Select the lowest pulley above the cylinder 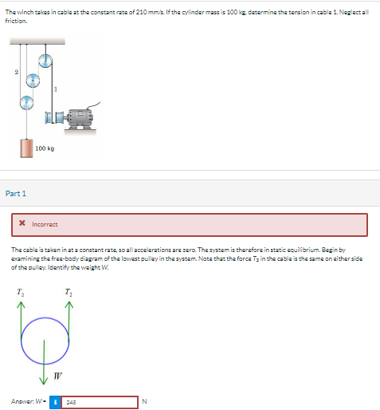26,102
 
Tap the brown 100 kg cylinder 26,148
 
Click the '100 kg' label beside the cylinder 45,148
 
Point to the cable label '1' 54,89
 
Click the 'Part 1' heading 16,193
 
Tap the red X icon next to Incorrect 22,224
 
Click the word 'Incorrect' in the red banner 45,224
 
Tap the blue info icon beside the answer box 55,402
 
